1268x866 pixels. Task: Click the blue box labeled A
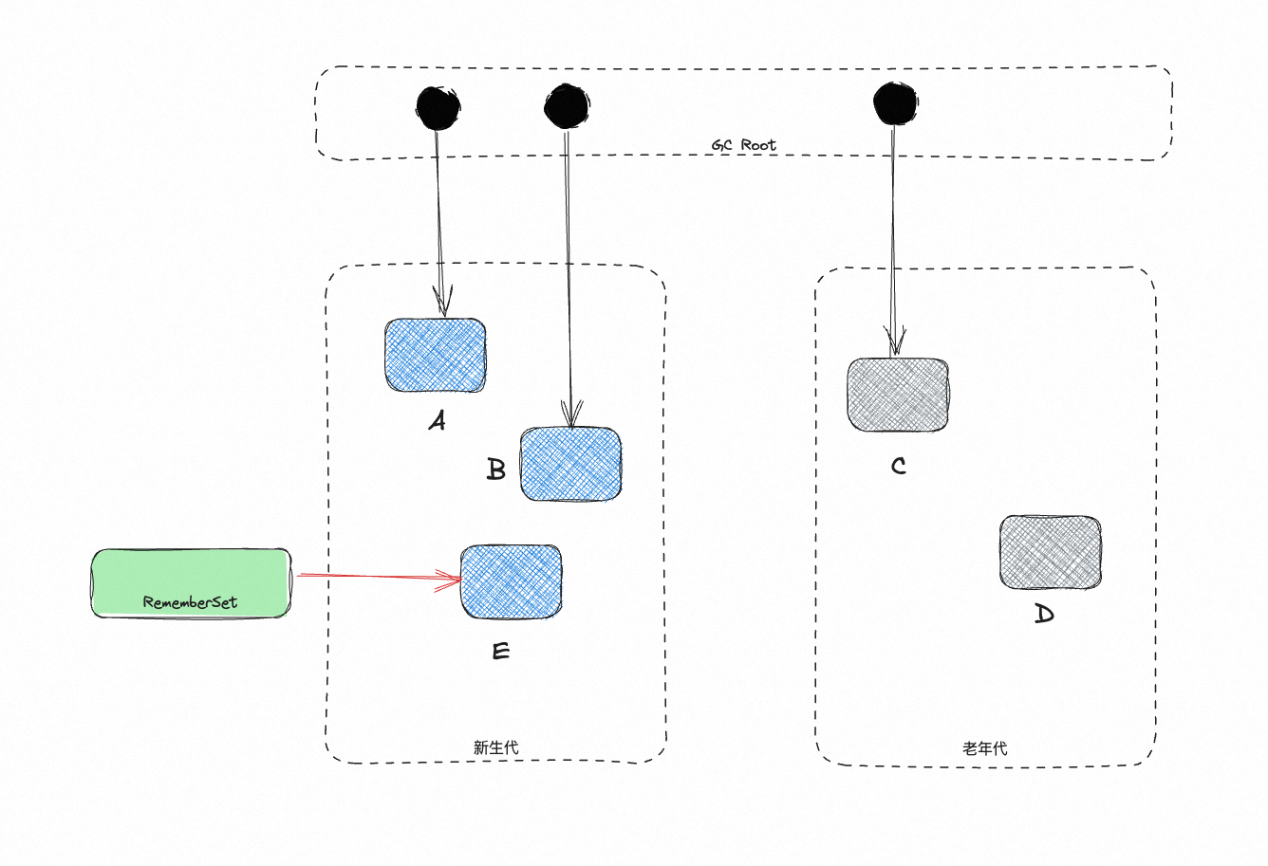pyautogui.click(x=436, y=356)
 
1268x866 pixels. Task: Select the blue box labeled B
pyautogui.click(x=570, y=464)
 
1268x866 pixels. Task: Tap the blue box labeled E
pyautogui.click(x=511, y=581)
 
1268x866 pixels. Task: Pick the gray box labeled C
pyautogui.click(x=897, y=395)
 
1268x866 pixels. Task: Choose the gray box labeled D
pyautogui.click(x=1051, y=552)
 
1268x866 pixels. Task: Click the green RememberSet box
pyautogui.click(x=190, y=582)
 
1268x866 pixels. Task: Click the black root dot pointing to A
pyautogui.click(x=438, y=107)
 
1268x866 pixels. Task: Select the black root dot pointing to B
pyautogui.click(x=567, y=106)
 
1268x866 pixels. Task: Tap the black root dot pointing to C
pyautogui.click(x=895, y=103)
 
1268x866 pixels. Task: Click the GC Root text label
pyautogui.click(x=744, y=145)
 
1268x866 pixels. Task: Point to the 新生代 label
pyautogui.click(x=495, y=747)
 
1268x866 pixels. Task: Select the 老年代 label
pyautogui.click(x=984, y=748)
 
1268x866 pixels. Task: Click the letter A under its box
pyautogui.click(x=437, y=420)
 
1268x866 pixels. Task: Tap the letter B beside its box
pyautogui.click(x=495, y=469)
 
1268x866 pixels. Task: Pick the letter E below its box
pyautogui.click(x=501, y=652)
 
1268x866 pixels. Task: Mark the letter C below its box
pyautogui.click(x=898, y=466)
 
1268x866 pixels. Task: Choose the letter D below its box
pyautogui.click(x=1043, y=615)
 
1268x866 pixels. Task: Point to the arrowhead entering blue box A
pyautogui.click(x=441, y=304)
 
